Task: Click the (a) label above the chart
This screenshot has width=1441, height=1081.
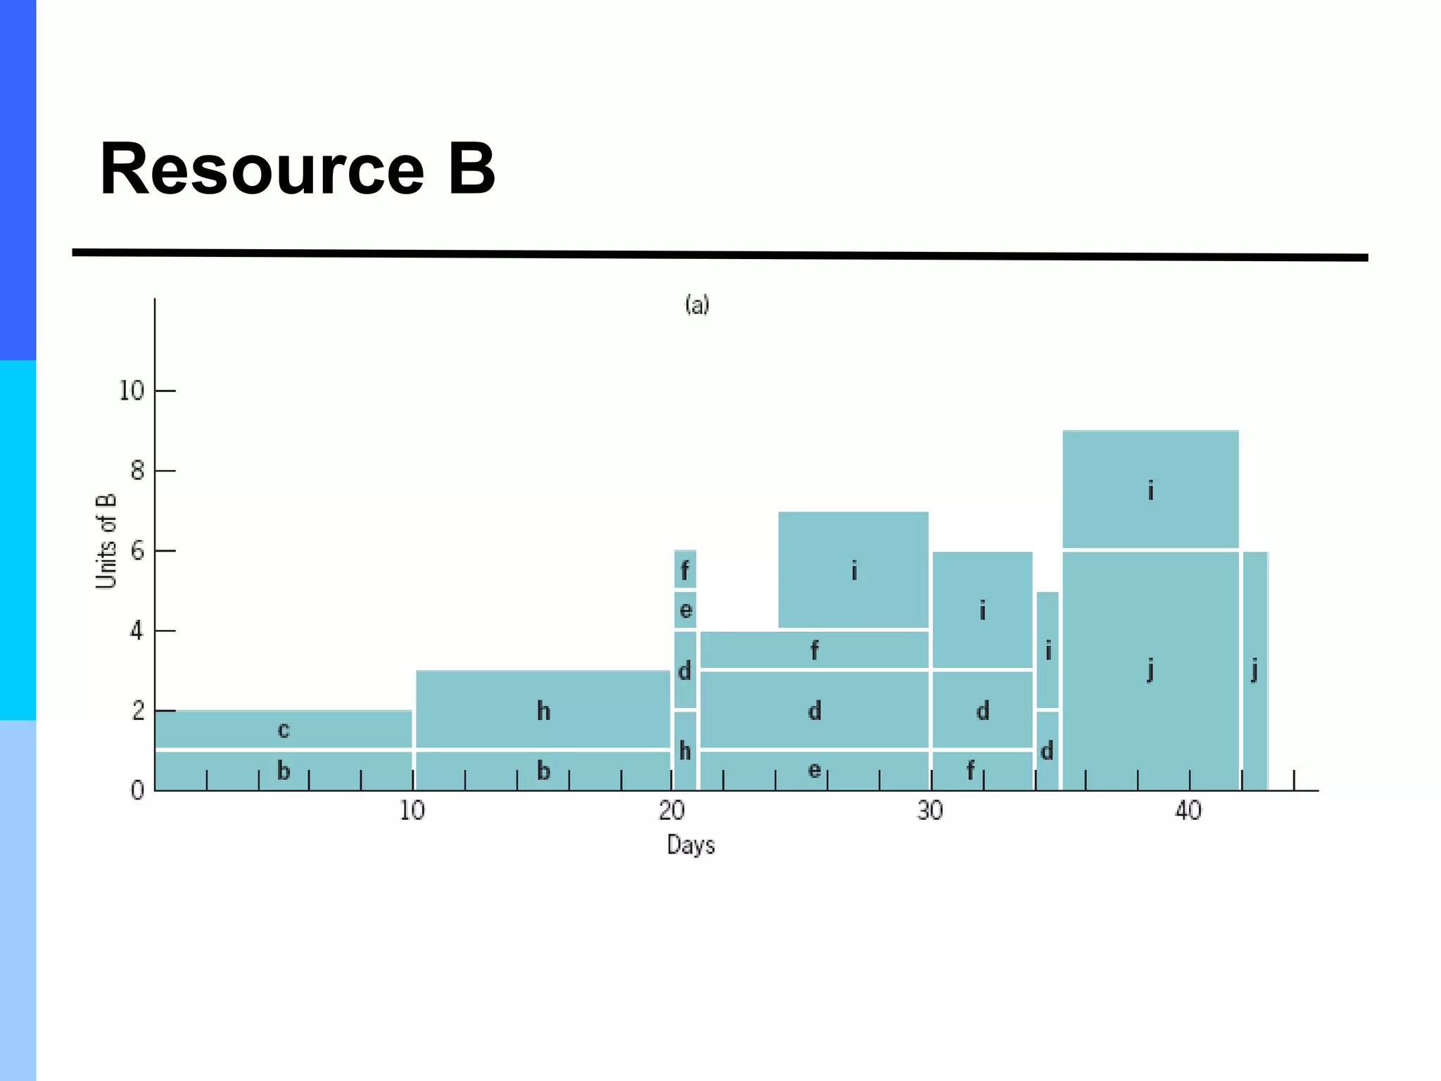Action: tap(697, 305)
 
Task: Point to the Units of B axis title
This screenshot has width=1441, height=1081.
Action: tap(106, 540)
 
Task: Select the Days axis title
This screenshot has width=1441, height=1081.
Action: tap(690, 845)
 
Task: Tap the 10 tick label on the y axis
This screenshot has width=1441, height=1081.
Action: tap(132, 391)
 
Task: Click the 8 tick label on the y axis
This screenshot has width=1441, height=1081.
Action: tap(137, 471)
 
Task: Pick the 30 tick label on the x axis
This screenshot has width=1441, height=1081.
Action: tap(929, 811)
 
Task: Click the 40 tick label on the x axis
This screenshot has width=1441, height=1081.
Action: tap(1188, 811)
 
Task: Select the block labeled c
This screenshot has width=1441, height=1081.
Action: tap(283, 729)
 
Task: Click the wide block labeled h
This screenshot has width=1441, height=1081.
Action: tap(542, 709)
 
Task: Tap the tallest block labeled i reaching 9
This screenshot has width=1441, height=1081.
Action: tap(1150, 489)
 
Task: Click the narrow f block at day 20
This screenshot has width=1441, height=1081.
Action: tap(685, 569)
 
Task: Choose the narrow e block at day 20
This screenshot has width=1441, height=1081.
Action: tap(685, 609)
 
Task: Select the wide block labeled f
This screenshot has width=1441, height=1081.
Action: tap(814, 650)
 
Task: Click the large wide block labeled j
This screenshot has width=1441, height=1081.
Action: tap(1150, 670)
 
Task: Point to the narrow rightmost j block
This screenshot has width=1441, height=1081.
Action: tap(1255, 670)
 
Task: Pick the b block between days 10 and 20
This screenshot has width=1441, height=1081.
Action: tap(542, 771)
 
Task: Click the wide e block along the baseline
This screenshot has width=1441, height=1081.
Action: tap(814, 771)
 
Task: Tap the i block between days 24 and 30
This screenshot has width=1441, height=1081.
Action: tap(853, 570)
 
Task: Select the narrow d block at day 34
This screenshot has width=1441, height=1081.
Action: tap(1047, 751)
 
